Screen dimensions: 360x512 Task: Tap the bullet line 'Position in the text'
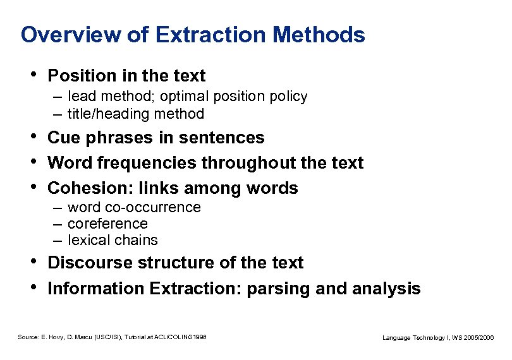(126, 76)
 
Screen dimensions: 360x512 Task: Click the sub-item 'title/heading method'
(135, 114)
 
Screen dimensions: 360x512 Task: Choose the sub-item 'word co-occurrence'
(134, 207)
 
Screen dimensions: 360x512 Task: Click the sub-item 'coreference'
(107, 224)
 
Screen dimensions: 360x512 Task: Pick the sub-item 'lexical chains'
(113, 240)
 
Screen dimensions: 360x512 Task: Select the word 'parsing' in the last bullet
(276, 289)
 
